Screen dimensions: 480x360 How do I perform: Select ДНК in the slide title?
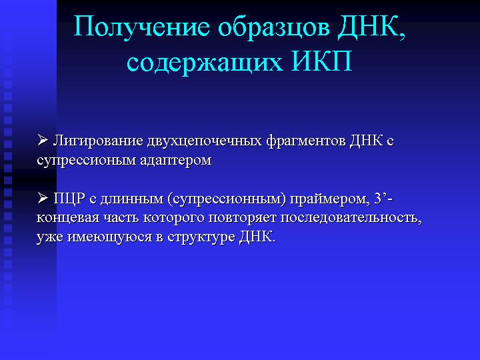[371, 28]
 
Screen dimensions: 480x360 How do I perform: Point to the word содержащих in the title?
[204, 63]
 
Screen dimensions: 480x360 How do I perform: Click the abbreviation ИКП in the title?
[321, 61]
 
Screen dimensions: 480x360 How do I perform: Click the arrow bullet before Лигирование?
[43, 140]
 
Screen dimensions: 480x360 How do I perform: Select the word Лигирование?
[98, 141]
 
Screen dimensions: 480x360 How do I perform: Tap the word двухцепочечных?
[205, 141]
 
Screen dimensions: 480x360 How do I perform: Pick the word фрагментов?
[306, 141]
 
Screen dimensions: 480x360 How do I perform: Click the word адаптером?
[176, 161]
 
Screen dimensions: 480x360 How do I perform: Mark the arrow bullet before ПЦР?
[43, 199]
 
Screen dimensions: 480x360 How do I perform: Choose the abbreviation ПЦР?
[69, 199]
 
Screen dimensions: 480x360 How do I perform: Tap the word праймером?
[329, 199]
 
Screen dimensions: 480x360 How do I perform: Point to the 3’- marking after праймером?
[383, 199]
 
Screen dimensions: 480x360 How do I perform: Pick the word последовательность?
[351, 218]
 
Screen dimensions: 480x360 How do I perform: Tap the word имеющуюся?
[109, 237]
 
